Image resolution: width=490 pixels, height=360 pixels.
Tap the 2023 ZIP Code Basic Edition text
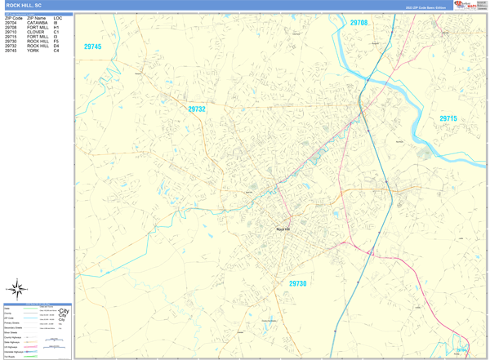pyautogui.click(x=425, y=7)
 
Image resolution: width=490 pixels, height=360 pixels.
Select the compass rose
pyautogui.click(x=17, y=288)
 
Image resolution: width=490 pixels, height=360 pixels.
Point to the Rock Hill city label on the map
pyautogui.click(x=283, y=229)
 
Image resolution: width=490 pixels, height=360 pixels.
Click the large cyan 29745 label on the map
pyautogui.click(x=93, y=47)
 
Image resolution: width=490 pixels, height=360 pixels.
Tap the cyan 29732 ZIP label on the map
pyautogui.click(x=197, y=109)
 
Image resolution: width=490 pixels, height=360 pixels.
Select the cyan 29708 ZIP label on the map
pyautogui.click(x=359, y=23)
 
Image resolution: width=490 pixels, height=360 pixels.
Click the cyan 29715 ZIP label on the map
pyautogui.click(x=448, y=119)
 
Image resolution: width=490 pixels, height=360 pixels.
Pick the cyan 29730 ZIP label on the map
pyautogui.click(x=298, y=283)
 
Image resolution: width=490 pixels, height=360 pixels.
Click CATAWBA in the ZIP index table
pyautogui.click(x=38, y=22)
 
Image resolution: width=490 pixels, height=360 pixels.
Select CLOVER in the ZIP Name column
pyautogui.click(x=35, y=32)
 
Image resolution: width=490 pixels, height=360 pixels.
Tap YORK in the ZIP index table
pyautogui.click(x=33, y=51)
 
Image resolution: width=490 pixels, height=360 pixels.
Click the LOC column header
pyautogui.click(x=58, y=17)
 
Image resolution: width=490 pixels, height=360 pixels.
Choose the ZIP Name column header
pyautogui.click(x=36, y=17)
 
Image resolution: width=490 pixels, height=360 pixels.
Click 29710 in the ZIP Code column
pyautogui.click(x=11, y=32)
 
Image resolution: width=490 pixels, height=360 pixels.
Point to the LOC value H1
pyautogui.click(x=56, y=27)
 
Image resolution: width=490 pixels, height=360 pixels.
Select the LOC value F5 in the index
pyautogui.click(x=56, y=41)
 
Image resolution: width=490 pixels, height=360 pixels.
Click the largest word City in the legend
pyautogui.click(x=64, y=312)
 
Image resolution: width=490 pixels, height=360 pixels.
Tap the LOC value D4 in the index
pyautogui.click(x=56, y=46)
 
